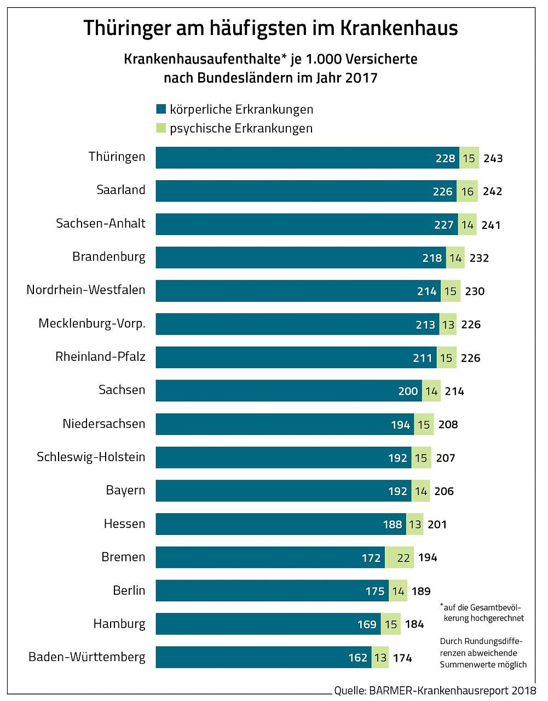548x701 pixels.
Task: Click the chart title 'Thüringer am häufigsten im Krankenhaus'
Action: coord(270,28)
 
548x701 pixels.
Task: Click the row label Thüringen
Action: coord(117,157)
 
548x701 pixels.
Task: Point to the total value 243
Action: coord(493,158)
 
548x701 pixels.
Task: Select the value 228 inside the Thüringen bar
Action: coord(445,158)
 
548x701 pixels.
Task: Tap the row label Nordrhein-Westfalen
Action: coord(86,290)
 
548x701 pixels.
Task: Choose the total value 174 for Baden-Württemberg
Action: coord(402,658)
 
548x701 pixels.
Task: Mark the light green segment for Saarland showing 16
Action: coord(467,191)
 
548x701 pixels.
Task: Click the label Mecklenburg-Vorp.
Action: coord(92,324)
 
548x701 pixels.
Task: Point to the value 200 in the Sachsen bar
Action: coord(408,391)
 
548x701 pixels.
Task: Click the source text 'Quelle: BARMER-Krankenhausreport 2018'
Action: coord(435,691)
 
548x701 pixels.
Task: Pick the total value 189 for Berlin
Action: coord(421,591)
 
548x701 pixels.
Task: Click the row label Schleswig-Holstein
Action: coord(91,457)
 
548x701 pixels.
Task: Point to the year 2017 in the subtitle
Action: coord(361,77)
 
